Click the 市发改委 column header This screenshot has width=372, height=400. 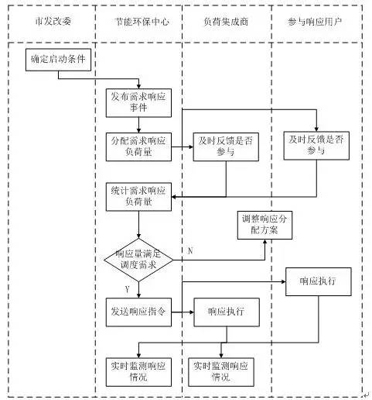(53, 21)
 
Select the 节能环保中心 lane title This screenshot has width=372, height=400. (142, 22)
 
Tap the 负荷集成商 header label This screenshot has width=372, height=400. (226, 22)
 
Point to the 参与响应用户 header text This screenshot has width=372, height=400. (315, 22)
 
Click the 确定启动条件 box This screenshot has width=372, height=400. (58, 60)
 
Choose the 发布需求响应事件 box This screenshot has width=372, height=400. (138, 103)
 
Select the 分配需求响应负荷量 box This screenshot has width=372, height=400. (138, 147)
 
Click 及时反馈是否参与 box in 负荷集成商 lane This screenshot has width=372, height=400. (226, 147)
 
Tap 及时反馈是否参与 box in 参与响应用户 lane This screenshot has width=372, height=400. (316, 146)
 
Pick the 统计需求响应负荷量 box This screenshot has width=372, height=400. (138, 197)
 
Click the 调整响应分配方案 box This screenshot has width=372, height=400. (264, 225)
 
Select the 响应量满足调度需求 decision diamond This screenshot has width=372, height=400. (138, 260)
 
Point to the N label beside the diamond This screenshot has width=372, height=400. (190, 251)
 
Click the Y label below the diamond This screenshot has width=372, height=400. (127, 289)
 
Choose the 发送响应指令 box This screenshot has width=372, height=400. (138, 312)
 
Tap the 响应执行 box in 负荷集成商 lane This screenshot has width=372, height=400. (227, 312)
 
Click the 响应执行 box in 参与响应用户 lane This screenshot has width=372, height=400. (319, 281)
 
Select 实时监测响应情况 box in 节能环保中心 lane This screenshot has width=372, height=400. (138, 372)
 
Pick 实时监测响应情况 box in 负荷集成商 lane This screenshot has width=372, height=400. (221, 372)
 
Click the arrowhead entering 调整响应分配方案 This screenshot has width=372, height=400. (264, 242)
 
